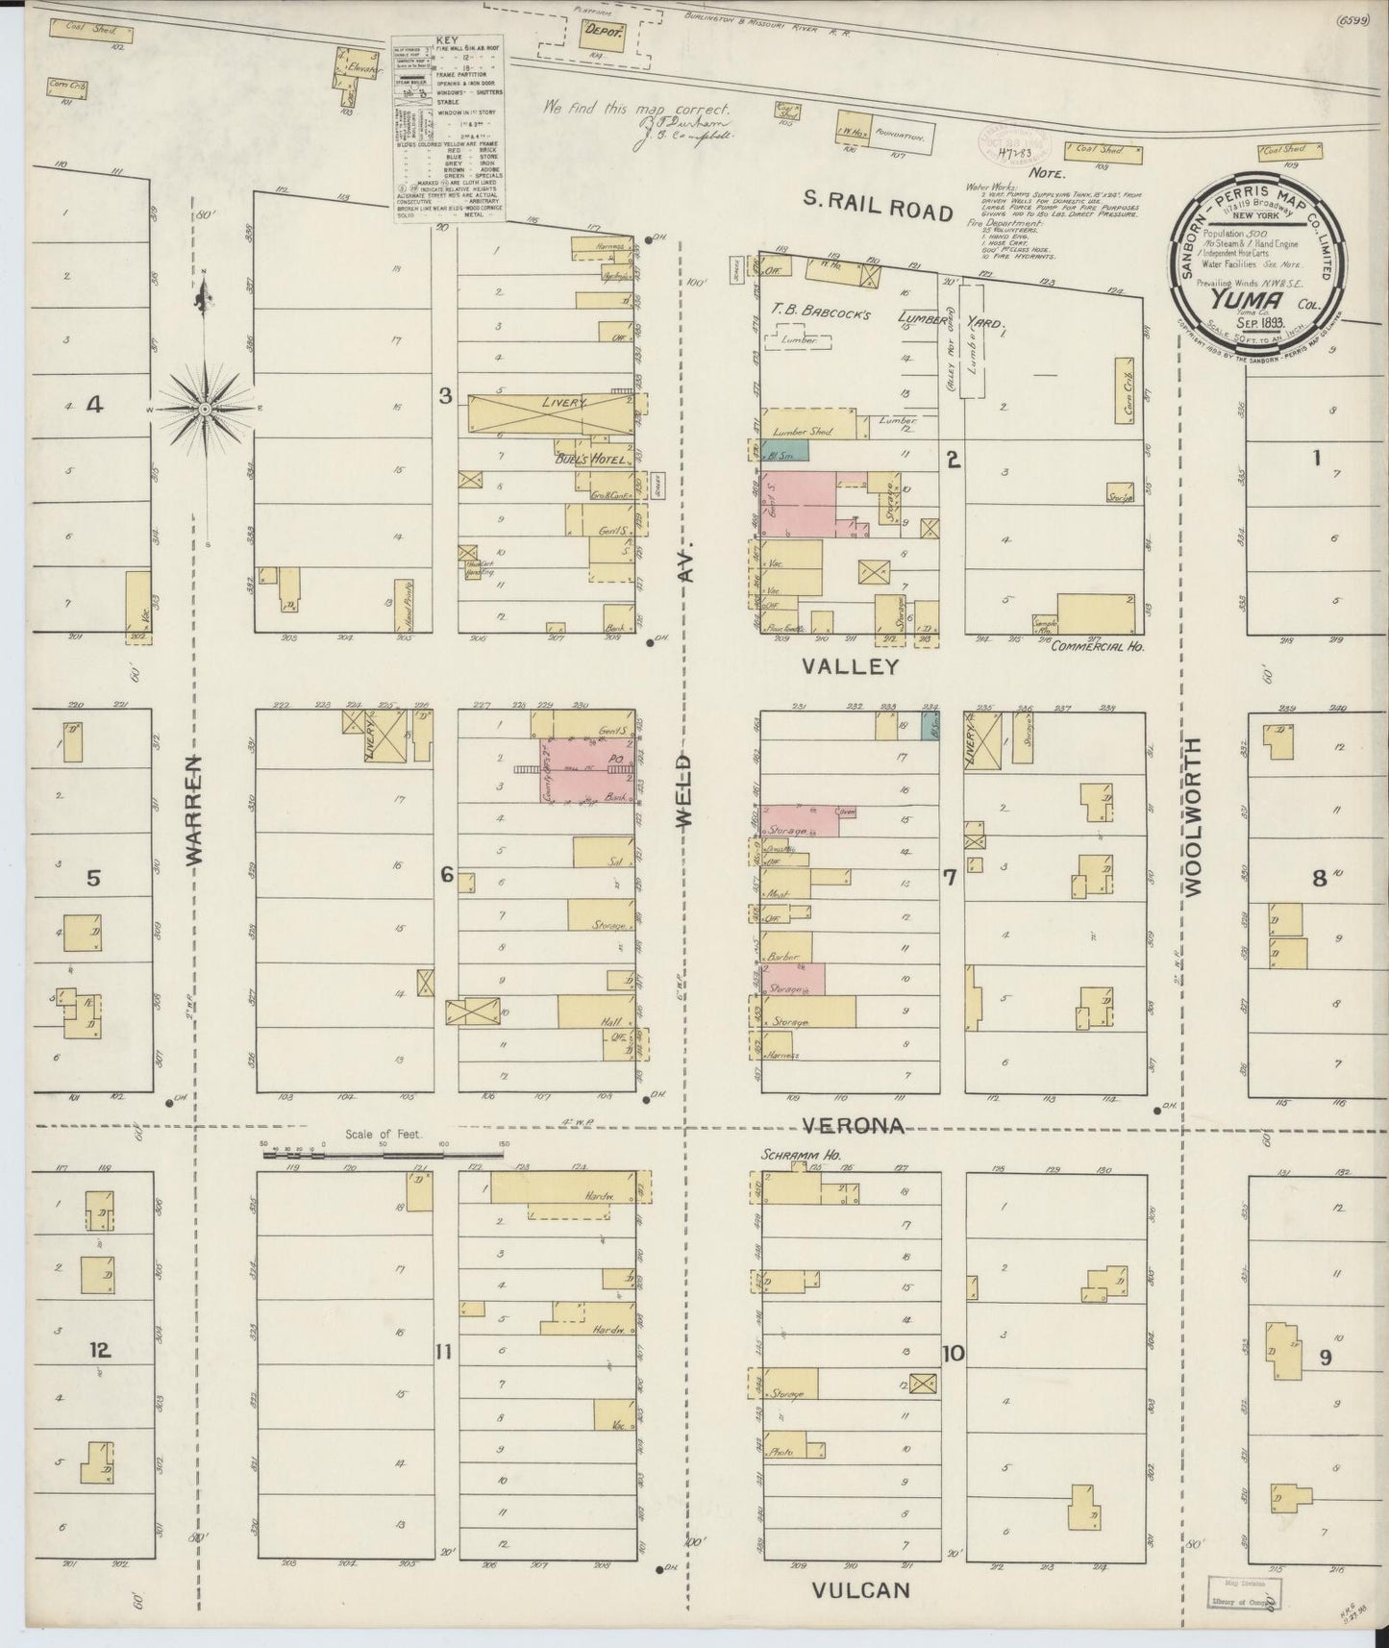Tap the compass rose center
[x=205, y=410]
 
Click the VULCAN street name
[x=859, y=1589]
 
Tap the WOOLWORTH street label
[x=1193, y=817]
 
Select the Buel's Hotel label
[x=590, y=461]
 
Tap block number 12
[x=99, y=1350]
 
